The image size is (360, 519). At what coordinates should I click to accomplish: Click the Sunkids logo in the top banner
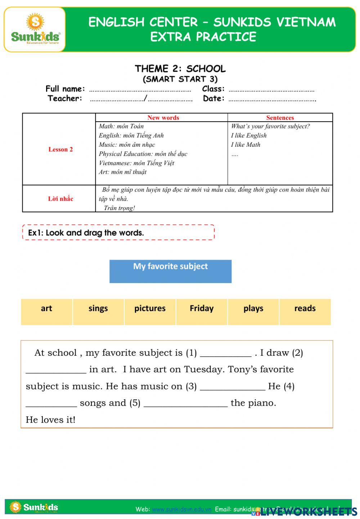tap(35, 29)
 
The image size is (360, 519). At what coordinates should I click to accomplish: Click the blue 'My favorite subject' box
tap(170, 271)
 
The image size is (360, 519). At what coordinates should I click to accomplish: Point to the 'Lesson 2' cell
tap(60, 149)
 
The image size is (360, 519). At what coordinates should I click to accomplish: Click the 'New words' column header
tap(163, 118)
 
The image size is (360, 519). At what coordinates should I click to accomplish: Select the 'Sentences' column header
tap(280, 118)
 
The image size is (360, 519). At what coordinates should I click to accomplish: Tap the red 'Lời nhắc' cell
tap(60, 199)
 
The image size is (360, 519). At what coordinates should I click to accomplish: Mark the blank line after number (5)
tap(185, 404)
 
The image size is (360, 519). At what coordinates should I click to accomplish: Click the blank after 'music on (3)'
tap(232, 387)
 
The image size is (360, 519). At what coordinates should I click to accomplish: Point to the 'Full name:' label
tap(65, 89)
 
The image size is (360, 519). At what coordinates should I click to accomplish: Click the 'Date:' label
tap(213, 98)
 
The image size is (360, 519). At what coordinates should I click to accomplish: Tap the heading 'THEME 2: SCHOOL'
tap(180, 69)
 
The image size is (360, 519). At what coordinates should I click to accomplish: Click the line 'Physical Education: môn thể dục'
tap(143, 154)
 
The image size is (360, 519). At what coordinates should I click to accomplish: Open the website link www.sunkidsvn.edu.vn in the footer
tap(181, 509)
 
